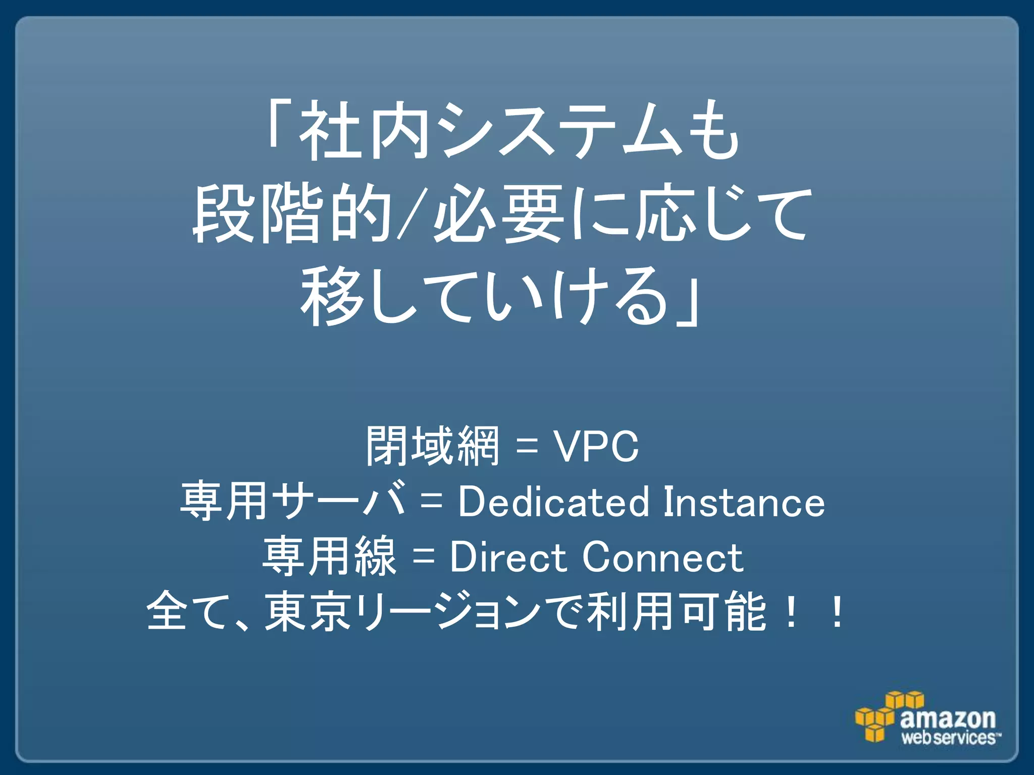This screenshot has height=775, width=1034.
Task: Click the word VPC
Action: (597, 446)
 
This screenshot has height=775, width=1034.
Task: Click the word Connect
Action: (662, 557)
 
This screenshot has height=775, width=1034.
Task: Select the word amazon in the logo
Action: (948, 718)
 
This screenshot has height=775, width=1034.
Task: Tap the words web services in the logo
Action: (949, 738)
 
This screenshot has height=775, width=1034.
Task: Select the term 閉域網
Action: (433, 446)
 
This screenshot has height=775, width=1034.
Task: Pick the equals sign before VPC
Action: (527, 447)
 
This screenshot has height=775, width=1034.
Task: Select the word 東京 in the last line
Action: (308, 612)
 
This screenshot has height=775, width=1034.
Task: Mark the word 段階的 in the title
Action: (293, 214)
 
